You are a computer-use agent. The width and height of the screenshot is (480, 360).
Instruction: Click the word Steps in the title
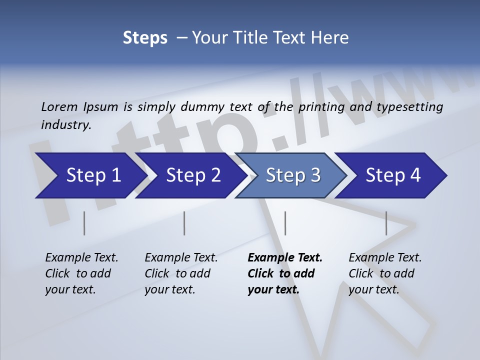pyautogui.click(x=145, y=38)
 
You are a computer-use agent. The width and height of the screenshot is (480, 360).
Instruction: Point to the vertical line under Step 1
pyautogui.click(x=84, y=223)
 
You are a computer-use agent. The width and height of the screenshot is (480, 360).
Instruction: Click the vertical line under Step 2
pyautogui.click(x=184, y=223)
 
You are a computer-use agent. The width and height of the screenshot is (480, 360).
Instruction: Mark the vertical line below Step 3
pyautogui.click(x=285, y=223)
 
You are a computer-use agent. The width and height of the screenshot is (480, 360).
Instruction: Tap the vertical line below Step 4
pyautogui.click(x=386, y=223)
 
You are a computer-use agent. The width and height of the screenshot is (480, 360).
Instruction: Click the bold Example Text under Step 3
pyautogui.click(x=285, y=258)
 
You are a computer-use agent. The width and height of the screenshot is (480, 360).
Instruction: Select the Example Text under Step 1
pyautogui.click(x=81, y=258)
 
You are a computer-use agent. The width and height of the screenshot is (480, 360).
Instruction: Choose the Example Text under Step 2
pyautogui.click(x=181, y=258)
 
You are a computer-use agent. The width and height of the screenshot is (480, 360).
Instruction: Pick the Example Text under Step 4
pyautogui.click(x=385, y=258)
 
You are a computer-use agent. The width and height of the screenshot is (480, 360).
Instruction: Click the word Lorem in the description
pyautogui.click(x=59, y=106)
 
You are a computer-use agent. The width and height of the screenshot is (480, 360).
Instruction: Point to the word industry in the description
pyautogui.click(x=65, y=124)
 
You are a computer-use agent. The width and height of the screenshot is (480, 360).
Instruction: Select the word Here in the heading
pyautogui.click(x=330, y=38)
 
